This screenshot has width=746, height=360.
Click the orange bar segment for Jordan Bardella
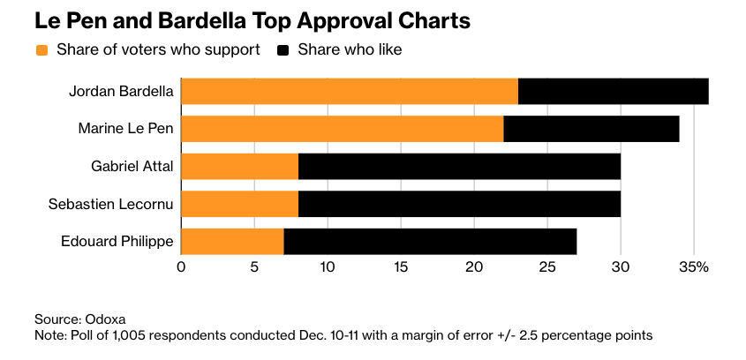(350, 92)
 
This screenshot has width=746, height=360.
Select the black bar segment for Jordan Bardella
(614, 92)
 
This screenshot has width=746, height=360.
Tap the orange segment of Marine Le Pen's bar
(342, 129)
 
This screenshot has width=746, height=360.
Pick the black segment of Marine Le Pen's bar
(592, 129)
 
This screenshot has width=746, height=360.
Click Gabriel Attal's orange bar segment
(240, 166)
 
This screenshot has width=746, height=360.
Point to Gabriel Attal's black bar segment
(459, 166)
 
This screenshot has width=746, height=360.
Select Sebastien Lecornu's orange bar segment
(240, 204)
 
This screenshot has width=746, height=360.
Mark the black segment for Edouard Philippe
(430, 241)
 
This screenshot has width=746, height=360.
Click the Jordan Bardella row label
(122, 92)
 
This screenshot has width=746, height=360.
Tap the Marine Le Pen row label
(125, 129)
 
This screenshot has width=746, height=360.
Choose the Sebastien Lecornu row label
(110, 204)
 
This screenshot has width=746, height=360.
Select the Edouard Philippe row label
(117, 241)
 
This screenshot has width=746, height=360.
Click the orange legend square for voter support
(41, 50)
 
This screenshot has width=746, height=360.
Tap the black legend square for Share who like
(283, 50)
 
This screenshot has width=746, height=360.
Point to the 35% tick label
(695, 266)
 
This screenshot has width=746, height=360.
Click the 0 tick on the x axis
(181, 266)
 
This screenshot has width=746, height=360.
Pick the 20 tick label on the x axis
(474, 266)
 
